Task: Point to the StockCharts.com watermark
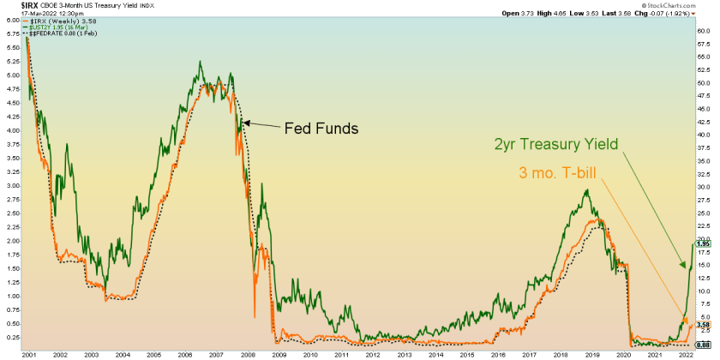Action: point(686,5)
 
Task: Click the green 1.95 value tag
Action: point(701,244)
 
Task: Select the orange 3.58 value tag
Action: point(701,325)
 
